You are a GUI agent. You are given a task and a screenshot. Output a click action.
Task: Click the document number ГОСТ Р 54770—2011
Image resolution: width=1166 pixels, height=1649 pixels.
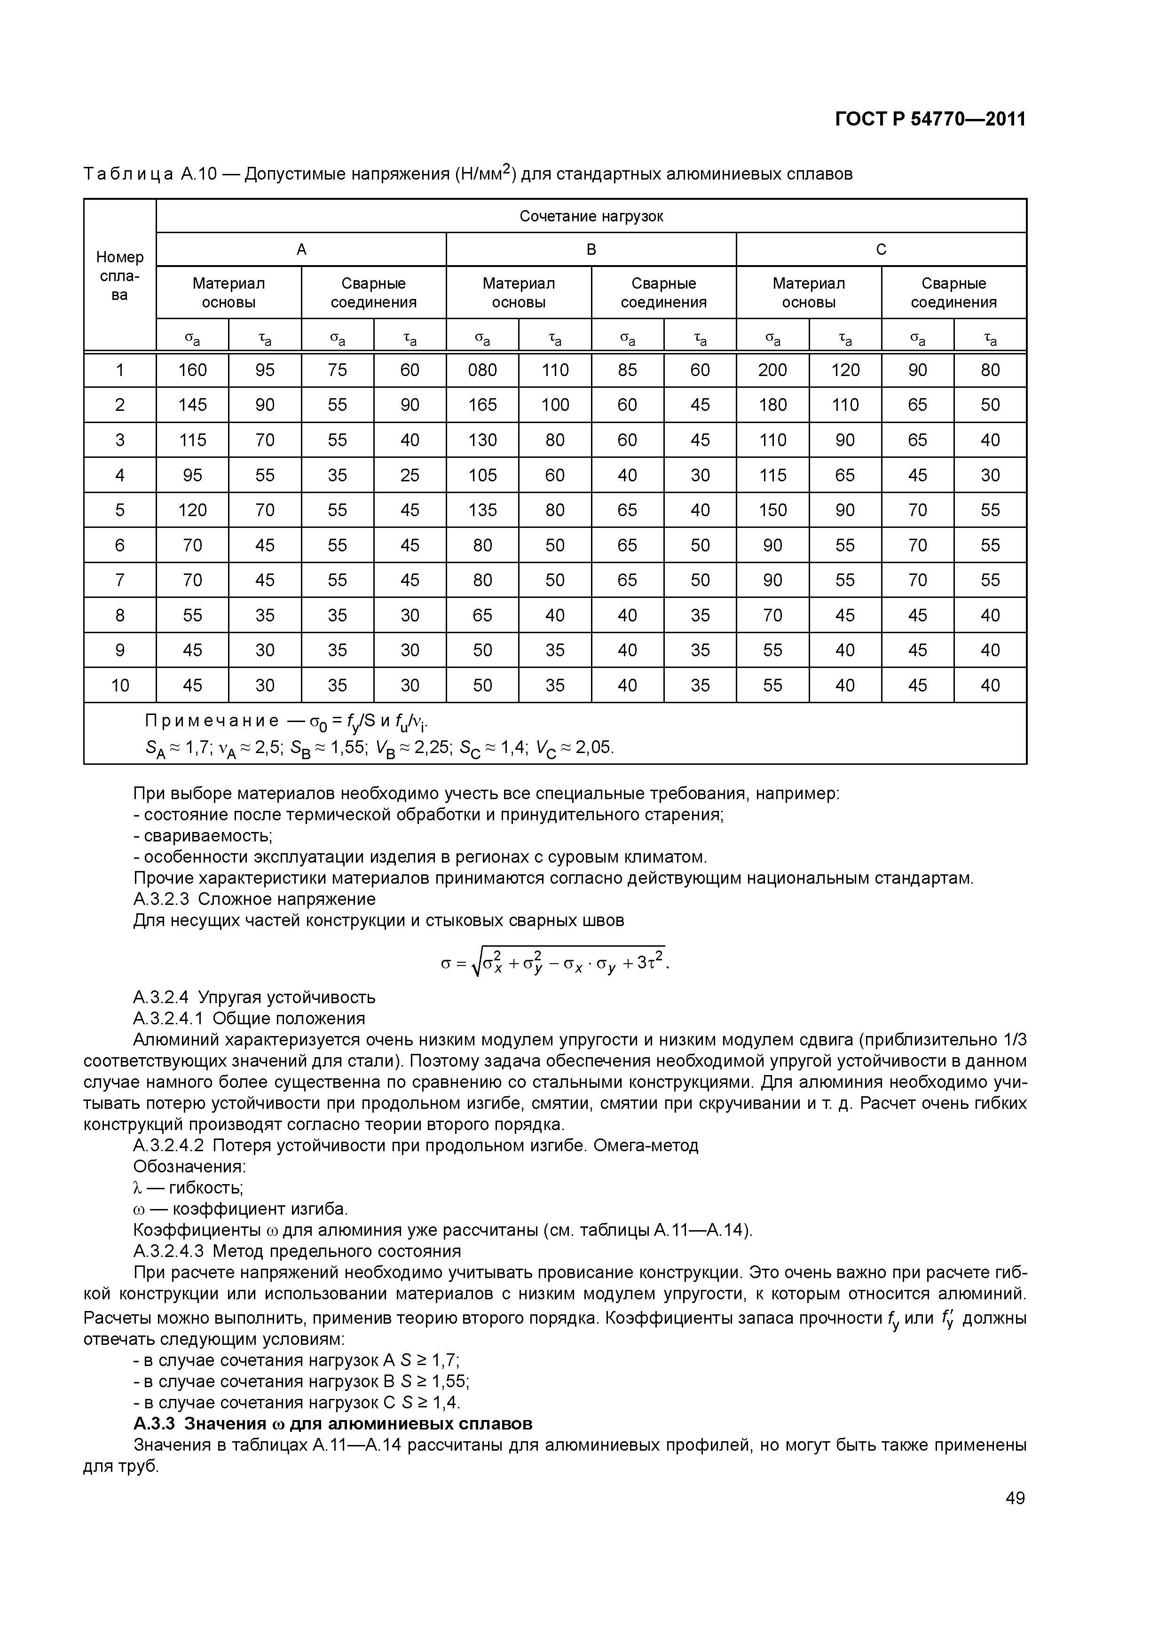pyautogui.click(x=930, y=119)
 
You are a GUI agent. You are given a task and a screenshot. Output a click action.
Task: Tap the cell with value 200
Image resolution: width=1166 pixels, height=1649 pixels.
pyautogui.click(x=772, y=370)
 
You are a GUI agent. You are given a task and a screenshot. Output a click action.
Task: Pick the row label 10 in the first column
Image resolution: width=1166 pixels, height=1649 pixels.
pyautogui.click(x=120, y=685)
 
